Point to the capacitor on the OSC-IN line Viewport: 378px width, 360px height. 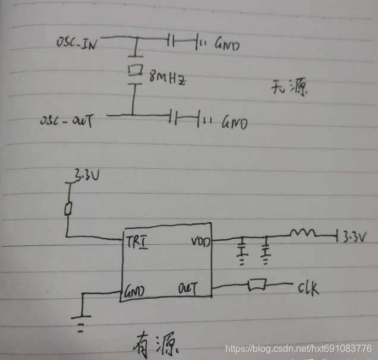(x=171, y=40)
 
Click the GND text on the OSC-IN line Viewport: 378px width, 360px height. (x=226, y=44)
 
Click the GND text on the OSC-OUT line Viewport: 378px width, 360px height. (x=234, y=124)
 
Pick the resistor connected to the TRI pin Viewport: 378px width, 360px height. (x=68, y=209)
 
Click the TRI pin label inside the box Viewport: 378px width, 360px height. (x=137, y=242)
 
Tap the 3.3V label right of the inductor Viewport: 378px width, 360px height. (x=355, y=236)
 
